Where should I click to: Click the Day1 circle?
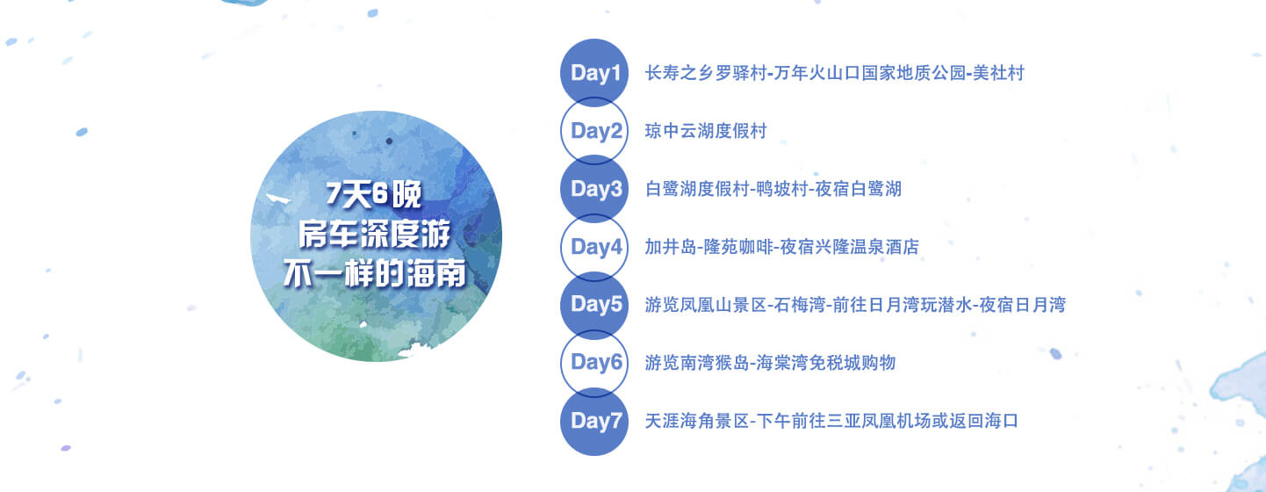click(594, 72)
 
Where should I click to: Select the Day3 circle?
click(594, 188)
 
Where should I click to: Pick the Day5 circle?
click(594, 305)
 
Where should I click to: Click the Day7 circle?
click(594, 422)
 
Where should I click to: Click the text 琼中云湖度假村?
click(706, 131)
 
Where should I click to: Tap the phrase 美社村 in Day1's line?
click(999, 73)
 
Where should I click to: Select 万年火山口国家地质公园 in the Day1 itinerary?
click(870, 73)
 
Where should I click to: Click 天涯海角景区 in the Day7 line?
click(697, 422)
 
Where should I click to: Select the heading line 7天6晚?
click(374, 194)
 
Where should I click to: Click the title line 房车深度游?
click(375, 234)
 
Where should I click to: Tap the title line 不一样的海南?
click(375, 274)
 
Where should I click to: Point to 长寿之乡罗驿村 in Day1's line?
click(706, 73)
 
